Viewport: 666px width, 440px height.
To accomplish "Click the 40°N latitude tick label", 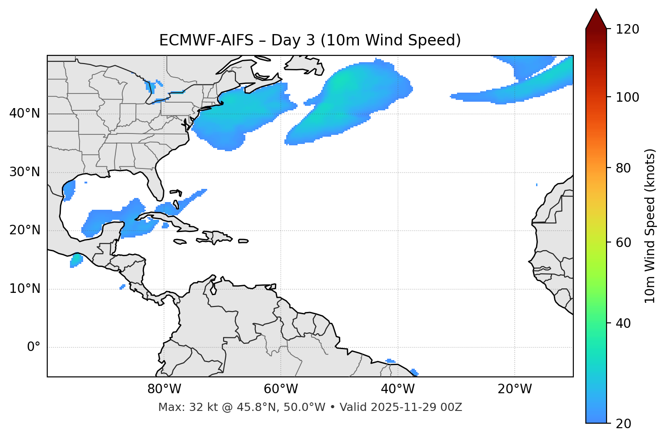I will (25, 114).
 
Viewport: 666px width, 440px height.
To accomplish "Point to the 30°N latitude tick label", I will (25, 172).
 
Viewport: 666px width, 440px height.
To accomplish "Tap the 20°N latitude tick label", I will (25, 230).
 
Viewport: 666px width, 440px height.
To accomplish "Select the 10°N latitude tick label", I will (25, 289).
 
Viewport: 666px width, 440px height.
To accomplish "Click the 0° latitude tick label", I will (34, 347).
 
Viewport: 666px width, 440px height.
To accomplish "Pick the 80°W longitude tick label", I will (164, 389).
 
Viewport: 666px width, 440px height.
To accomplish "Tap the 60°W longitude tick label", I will (281, 389).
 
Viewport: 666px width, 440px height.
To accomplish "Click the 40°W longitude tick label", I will (398, 389).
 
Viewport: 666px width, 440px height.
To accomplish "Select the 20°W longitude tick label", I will (515, 389).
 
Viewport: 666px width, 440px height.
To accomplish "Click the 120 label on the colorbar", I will (627, 30).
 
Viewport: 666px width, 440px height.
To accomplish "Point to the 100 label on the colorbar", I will (627, 97).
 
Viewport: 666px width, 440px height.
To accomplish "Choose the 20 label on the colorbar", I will (624, 424).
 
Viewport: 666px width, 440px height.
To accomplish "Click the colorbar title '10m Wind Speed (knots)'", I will (650, 226).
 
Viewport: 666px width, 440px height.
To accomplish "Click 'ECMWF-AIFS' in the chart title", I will (206, 40).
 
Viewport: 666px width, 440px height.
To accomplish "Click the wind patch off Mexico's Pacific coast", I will (76, 260).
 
